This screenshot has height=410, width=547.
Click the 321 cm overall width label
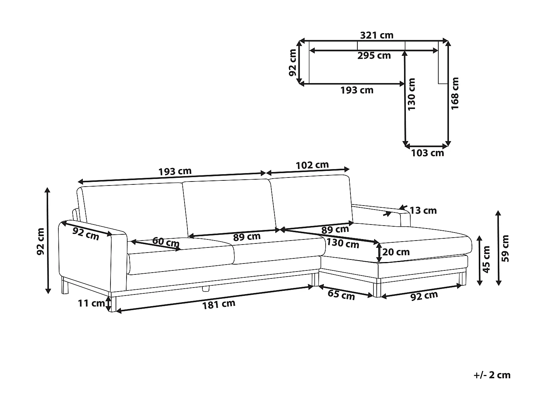pos(377,35)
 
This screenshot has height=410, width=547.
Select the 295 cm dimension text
pos(374,55)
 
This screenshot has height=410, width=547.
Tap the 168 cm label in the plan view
pos(455,93)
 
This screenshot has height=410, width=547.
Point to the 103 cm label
pos(427,153)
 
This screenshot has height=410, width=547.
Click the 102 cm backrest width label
pos(312,165)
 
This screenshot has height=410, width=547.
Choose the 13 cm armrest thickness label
pos(423,211)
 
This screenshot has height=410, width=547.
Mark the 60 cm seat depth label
pos(166,242)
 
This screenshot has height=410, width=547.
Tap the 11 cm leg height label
pos(91,304)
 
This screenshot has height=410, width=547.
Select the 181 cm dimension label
pos(218,304)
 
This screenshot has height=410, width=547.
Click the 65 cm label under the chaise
pos(341,295)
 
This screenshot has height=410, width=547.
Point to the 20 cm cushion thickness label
pos(396,252)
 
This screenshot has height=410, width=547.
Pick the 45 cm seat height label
pos(486,259)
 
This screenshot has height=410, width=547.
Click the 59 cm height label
pos(506,248)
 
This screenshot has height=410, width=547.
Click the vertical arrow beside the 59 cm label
pos(498,248)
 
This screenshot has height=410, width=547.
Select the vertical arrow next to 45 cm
pos(479,260)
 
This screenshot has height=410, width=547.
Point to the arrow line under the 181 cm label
pos(214,299)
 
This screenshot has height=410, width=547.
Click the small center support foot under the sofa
pos(206,289)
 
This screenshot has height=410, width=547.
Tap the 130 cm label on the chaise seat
pos(343,243)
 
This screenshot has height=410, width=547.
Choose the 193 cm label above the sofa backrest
pos(175,171)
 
